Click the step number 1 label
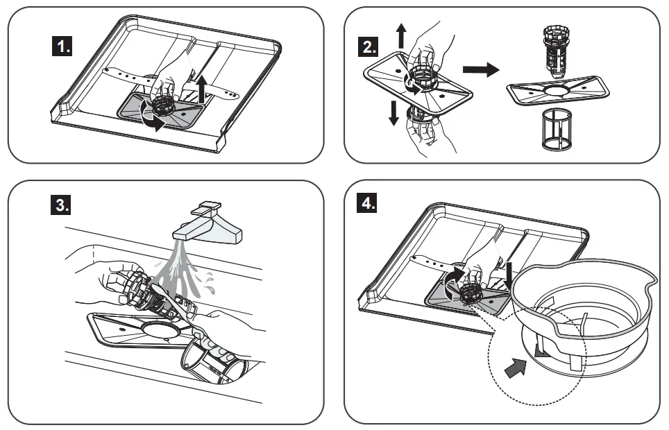64,47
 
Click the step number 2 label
369,47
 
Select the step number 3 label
64,207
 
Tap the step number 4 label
369,207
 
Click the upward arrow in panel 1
201,89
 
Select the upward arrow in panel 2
401,34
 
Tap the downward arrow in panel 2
393,112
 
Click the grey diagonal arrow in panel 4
513,368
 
